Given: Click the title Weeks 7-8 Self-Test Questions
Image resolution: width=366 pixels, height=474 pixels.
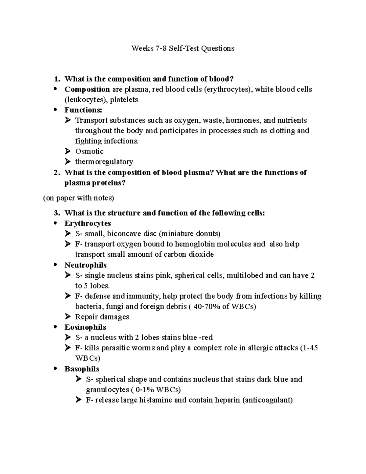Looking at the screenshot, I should (x=183, y=48).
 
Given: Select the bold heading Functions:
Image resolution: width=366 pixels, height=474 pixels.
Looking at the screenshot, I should (x=83, y=110).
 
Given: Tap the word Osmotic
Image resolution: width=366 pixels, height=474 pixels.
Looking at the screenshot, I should (x=89, y=151).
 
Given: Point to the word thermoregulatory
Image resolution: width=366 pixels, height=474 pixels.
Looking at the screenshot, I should (x=104, y=161).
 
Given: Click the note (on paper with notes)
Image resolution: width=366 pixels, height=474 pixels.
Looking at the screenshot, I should (x=78, y=198).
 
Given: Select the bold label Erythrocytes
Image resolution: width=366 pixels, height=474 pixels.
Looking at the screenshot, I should (x=88, y=223).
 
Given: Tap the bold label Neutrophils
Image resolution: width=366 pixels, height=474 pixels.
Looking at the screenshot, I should (x=85, y=265).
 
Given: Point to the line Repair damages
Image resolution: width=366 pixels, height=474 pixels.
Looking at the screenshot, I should (x=102, y=317).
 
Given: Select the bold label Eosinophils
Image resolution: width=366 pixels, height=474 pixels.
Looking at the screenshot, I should (x=85, y=327).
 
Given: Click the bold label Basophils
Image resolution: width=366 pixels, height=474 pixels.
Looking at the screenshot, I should (x=82, y=369).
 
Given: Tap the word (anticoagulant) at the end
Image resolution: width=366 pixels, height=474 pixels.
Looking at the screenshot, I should (x=267, y=400).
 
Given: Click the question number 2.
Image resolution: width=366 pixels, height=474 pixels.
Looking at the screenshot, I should (x=56, y=173).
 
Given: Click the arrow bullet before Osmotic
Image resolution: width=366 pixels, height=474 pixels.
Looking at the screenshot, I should (x=67, y=151).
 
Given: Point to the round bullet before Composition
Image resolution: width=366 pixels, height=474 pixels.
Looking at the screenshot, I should (x=55, y=89).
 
